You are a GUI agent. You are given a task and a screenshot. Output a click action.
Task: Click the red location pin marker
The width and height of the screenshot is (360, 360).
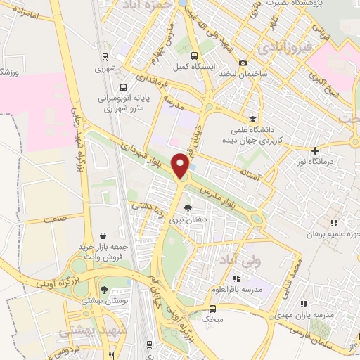click(182, 166)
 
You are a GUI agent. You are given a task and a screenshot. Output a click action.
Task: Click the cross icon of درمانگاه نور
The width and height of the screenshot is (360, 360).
click(316, 150)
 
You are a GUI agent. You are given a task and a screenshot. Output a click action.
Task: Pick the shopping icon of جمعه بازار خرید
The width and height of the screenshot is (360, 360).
click(104, 236)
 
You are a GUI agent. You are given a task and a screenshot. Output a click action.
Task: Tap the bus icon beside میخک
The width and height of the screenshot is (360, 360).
click(212, 308)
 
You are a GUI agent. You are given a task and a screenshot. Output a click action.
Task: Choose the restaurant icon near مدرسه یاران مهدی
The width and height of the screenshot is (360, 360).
click(304, 304)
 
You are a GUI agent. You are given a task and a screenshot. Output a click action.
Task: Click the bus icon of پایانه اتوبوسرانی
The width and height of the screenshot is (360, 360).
click(124, 88)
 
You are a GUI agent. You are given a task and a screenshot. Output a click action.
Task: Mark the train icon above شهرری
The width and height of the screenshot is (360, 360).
click(105, 57)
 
